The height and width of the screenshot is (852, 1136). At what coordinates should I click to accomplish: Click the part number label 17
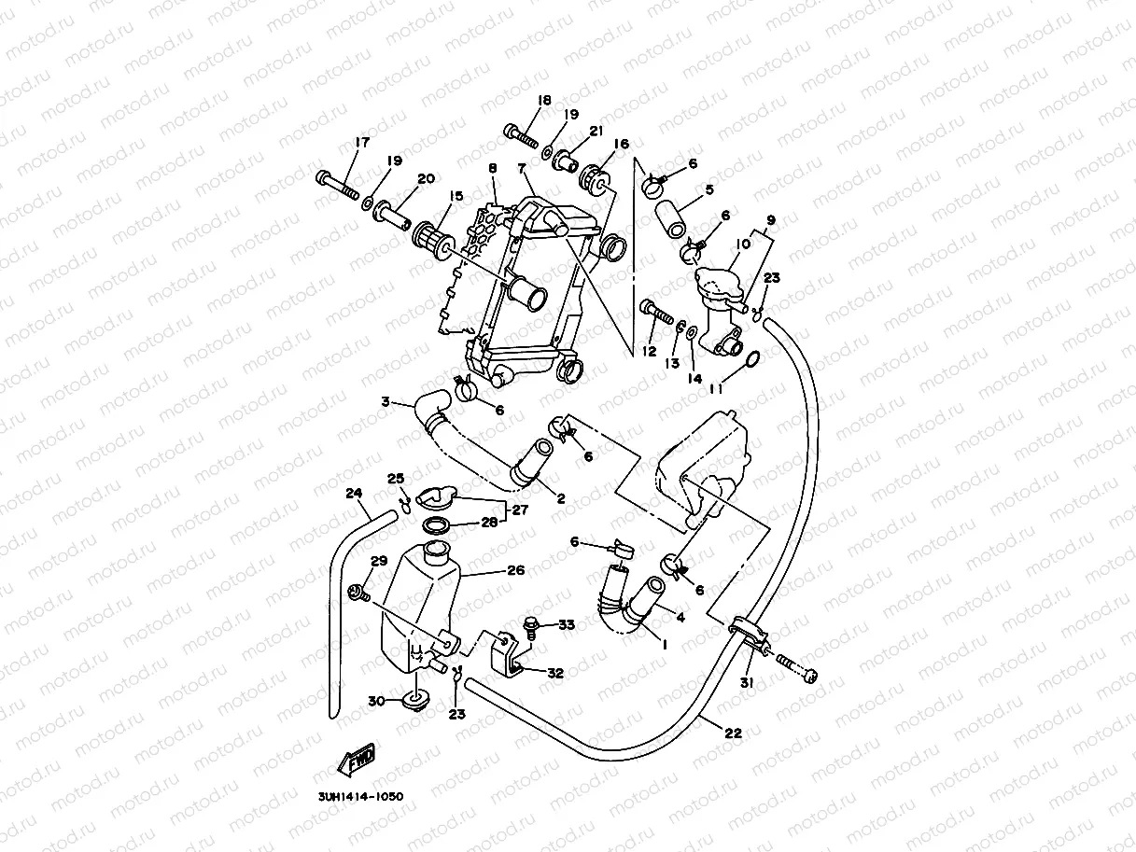[x=362, y=143]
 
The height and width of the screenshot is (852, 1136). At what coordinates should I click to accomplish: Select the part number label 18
[x=544, y=100]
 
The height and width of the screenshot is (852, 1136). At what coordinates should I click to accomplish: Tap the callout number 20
[x=426, y=179]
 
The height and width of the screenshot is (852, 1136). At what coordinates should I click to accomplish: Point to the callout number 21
[x=596, y=131]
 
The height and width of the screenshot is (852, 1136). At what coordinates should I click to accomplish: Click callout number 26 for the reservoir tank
[x=516, y=569]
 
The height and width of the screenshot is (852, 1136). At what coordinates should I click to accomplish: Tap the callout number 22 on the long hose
[x=733, y=733]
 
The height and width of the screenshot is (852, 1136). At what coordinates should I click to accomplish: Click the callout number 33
[x=567, y=624]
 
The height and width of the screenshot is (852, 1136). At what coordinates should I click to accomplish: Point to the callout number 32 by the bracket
[x=555, y=672]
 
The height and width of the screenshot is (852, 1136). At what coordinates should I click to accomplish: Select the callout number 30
[x=376, y=701]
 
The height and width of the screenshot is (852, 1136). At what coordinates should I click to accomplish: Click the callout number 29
[x=378, y=561]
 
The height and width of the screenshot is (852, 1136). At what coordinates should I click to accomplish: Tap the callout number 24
[x=353, y=493]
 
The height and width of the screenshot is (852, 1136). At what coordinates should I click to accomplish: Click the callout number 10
[x=743, y=244]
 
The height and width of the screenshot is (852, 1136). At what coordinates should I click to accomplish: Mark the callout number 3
[x=385, y=402]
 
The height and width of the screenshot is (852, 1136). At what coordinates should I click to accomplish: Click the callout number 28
[x=490, y=523]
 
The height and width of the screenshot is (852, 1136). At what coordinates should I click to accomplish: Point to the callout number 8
[x=492, y=168]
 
